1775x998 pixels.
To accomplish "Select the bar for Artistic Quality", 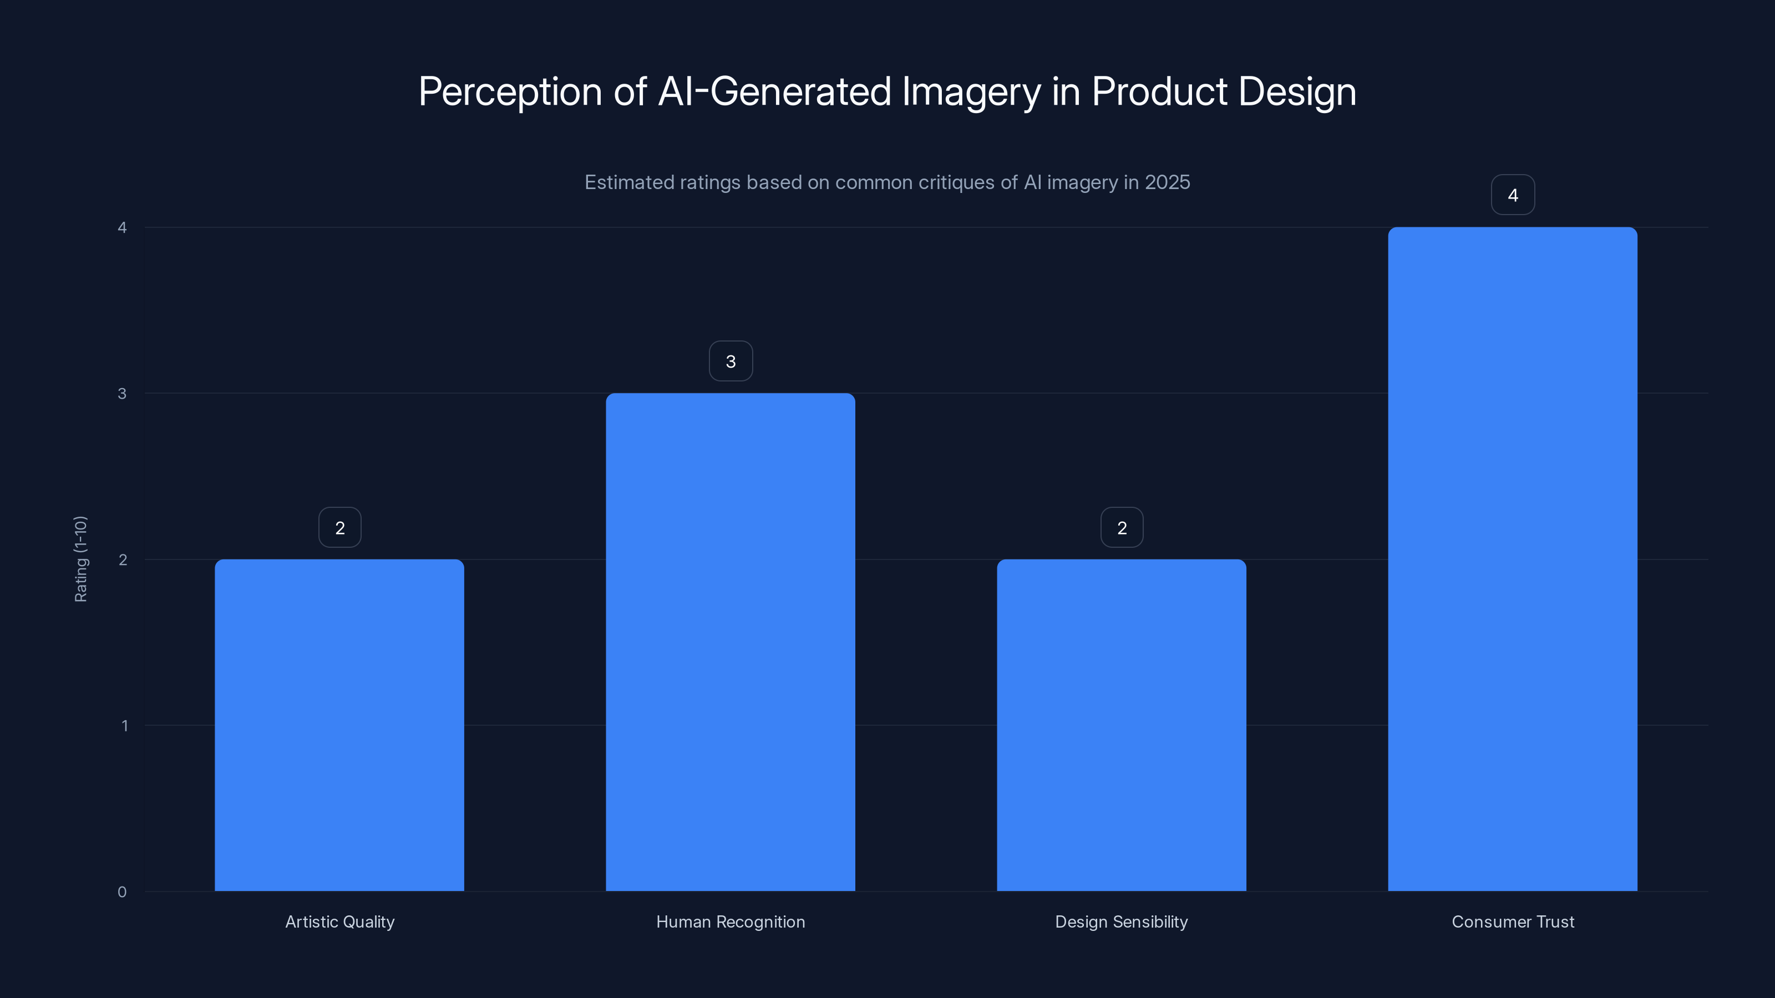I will [339, 725].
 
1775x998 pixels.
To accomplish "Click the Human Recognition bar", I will [731, 642].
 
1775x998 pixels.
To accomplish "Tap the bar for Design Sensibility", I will [1121, 725].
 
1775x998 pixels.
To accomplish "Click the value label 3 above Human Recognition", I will [731, 361].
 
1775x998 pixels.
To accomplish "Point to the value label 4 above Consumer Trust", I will [1513, 195].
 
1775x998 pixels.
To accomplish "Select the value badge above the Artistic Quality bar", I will [339, 528].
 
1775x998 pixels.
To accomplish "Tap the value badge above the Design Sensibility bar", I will [1122, 528].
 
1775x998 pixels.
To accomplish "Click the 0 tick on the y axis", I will [122, 892].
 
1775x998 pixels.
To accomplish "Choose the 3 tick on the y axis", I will [122, 393].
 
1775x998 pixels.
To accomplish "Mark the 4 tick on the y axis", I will [122, 227].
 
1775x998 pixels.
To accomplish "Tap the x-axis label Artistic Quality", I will [339, 921].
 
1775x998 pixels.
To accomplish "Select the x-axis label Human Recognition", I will [731, 921].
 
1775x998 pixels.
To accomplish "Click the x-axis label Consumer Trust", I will [1513, 921].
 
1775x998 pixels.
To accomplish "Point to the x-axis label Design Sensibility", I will [1121, 921].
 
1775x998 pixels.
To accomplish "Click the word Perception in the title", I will [510, 92].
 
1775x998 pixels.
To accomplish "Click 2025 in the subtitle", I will [1167, 182].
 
